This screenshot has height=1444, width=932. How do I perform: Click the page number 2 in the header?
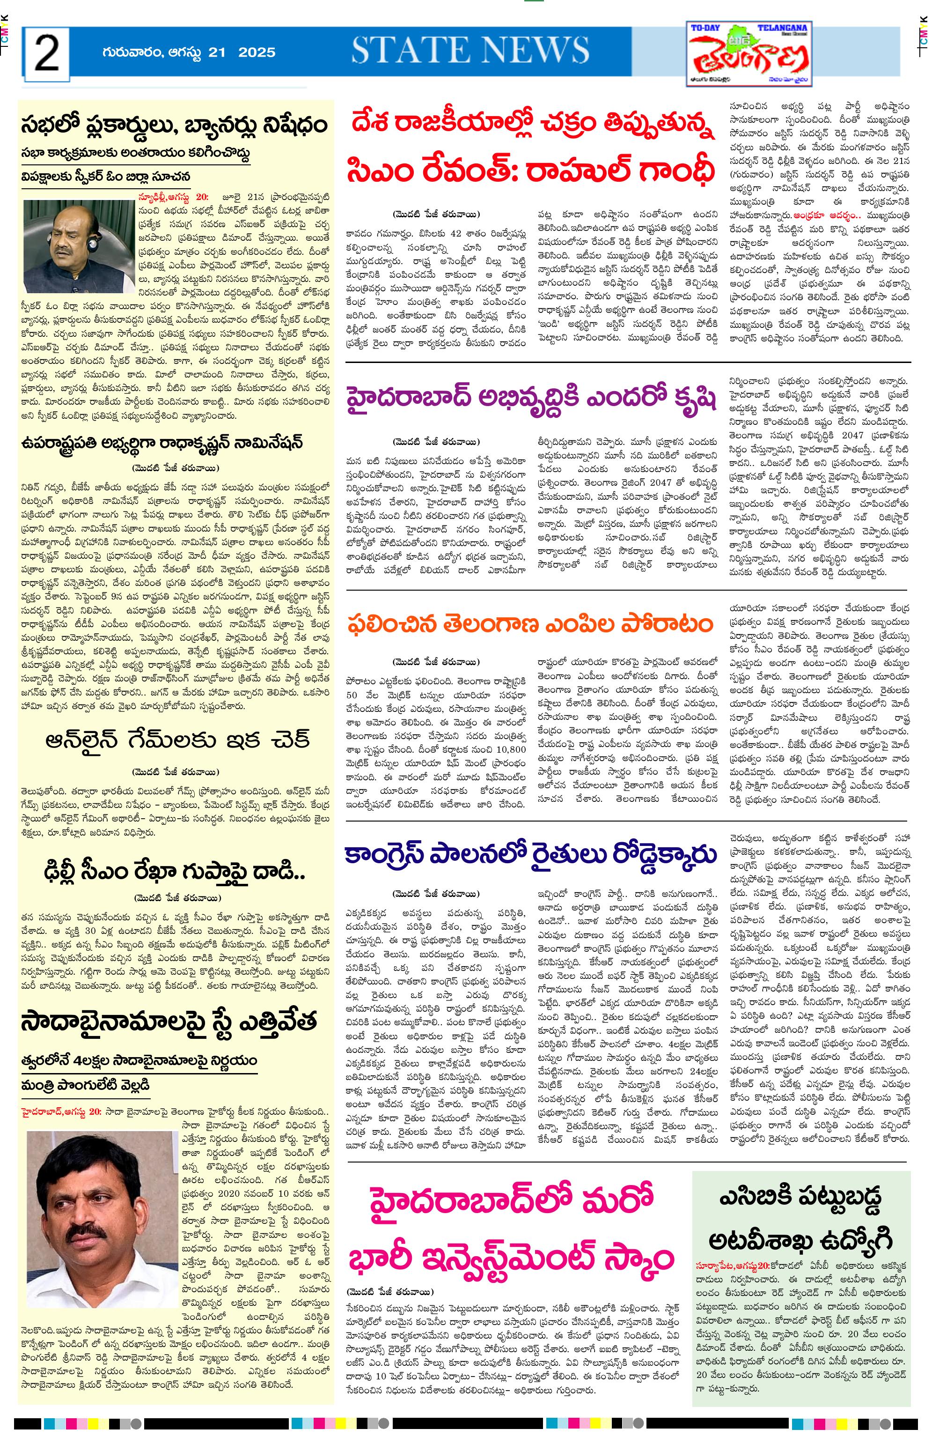point(47,53)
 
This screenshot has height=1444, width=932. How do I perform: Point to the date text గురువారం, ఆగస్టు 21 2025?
point(188,52)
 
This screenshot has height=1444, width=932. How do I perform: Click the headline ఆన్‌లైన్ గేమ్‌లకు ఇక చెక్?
point(178,741)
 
